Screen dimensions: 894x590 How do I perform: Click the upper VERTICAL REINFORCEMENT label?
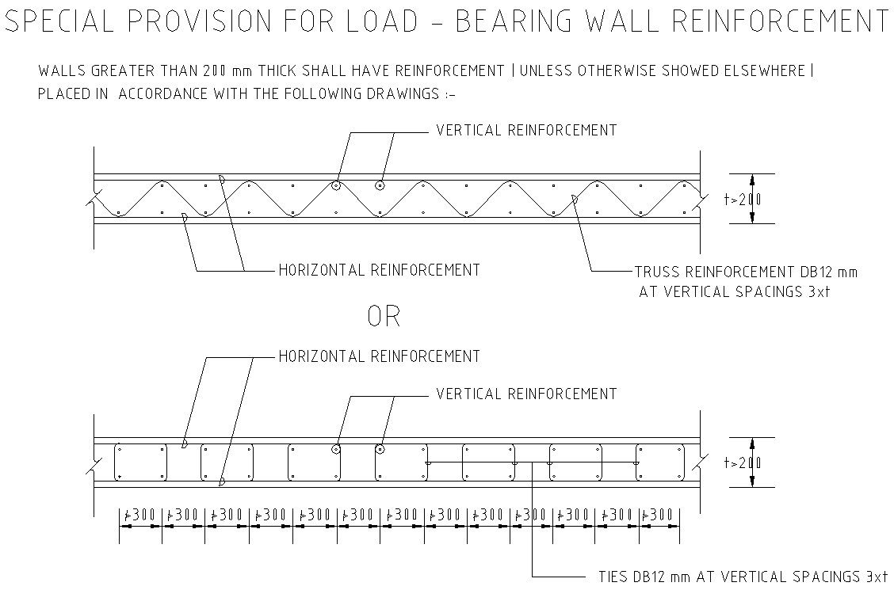tap(526, 131)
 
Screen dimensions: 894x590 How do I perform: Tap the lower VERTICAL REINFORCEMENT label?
tap(526, 394)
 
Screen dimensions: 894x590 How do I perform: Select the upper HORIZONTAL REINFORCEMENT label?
tap(379, 270)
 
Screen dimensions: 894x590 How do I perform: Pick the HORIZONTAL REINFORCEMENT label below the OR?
tap(379, 356)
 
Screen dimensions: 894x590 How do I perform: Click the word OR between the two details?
tap(384, 316)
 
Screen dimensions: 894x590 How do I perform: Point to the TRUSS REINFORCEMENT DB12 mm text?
tap(746, 272)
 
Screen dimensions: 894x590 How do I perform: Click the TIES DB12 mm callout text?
tap(743, 577)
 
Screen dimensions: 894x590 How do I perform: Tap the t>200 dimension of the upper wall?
tap(743, 200)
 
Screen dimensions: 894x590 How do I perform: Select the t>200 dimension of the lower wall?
tap(743, 463)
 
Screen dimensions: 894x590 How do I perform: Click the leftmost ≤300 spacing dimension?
tap(140, 516)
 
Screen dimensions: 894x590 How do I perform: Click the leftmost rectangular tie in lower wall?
tap(141, 462)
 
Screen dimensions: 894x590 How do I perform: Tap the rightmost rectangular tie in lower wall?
tap(659, 462)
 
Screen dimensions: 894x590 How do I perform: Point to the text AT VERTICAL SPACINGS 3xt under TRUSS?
tap(735, 292)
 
